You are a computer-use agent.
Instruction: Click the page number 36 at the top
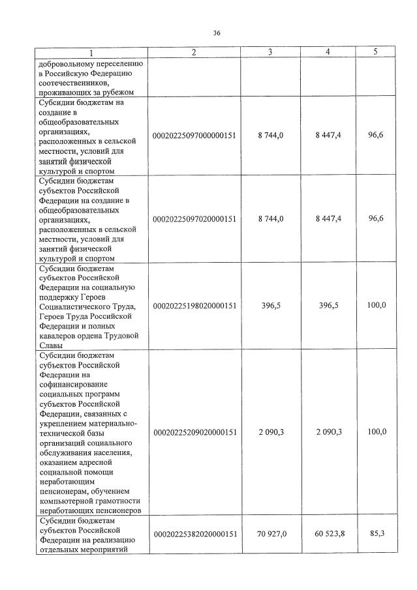[217, 33]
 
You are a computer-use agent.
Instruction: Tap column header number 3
[270, 53]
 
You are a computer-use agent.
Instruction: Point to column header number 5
[375, 52]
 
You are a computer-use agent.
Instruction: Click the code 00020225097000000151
[194, 135]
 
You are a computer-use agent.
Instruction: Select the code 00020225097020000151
[194, 219]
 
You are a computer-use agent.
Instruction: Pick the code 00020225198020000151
[194, 305]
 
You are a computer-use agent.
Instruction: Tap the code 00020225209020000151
[194, 432]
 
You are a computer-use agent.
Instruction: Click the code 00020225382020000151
[194, 534]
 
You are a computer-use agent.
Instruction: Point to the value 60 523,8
[329, 534]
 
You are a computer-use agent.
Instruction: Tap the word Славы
[51, 345]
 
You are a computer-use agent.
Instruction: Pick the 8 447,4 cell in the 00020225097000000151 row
[328, 135]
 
